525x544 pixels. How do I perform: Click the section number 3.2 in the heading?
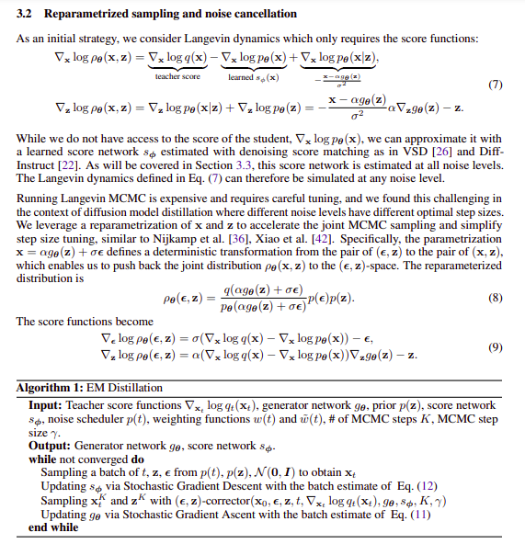coord(26,15)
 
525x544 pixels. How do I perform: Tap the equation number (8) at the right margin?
coord(495,299)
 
